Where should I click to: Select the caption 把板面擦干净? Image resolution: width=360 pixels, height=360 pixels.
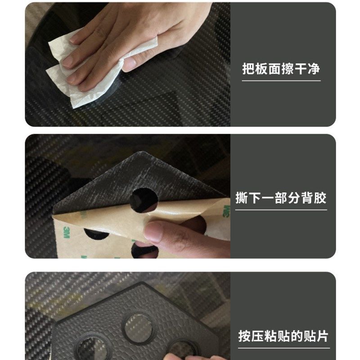[x=281, y=69]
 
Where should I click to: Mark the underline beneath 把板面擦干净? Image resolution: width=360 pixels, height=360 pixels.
[x=281, y=81]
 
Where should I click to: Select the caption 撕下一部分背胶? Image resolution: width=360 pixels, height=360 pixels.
[x=281, y=198]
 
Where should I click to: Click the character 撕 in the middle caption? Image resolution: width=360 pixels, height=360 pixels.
[x=242, y=198]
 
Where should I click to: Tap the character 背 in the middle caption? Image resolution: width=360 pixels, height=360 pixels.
[x=307, y=198]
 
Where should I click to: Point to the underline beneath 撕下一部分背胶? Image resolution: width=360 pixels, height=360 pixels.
[x=281, y=210]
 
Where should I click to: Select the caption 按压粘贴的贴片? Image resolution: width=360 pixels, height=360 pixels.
[x=283, y=336]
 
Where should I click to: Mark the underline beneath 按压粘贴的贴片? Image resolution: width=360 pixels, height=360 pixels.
[x=283, y=347]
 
